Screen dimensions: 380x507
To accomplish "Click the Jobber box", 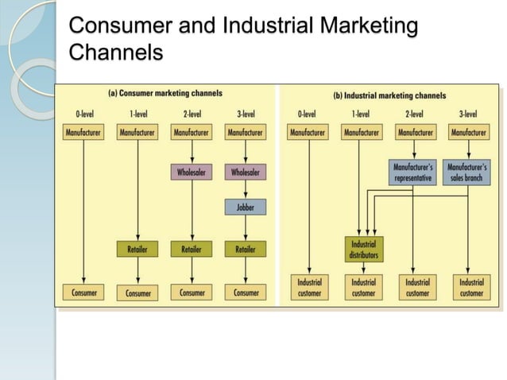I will point(246,208).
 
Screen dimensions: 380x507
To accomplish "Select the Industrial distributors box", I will point(362,249).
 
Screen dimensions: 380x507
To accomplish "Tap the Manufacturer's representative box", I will point(413,173).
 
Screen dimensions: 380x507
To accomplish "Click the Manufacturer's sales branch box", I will point(467,173).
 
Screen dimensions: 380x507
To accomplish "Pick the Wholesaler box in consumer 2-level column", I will point(192,171).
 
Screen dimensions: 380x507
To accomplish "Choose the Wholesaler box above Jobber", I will point(246,171).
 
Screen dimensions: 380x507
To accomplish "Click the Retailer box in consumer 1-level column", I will point(137,250).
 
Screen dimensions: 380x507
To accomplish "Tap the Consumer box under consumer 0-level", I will point(83,293).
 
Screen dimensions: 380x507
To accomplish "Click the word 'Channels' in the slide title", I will point(116,52).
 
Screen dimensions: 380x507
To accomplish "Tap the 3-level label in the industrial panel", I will point(467,114).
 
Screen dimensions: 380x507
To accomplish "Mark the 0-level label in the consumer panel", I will point(83,114).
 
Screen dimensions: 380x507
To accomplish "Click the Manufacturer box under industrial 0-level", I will point(308,133).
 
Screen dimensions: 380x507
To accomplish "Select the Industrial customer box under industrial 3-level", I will point(470,287).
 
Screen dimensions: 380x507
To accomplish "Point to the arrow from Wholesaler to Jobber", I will point(246,190).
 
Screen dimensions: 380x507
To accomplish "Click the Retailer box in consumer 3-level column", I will point(246,250).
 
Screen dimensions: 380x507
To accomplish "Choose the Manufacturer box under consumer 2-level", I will point(192,133).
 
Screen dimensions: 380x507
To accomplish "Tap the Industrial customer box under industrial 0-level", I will point(308,287).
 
